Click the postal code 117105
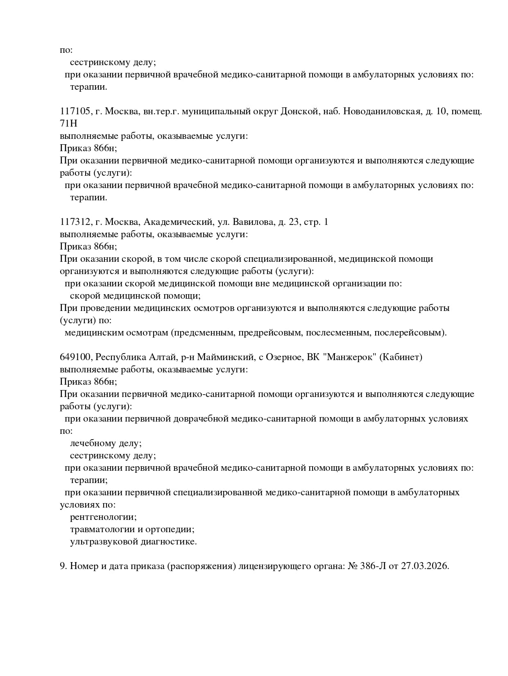[75, 111]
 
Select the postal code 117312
[75, 222]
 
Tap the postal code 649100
[76, 357]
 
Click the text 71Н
[68, 124]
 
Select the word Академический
[178, 222]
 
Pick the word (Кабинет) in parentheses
[401, 357]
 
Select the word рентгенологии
[103, 517]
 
